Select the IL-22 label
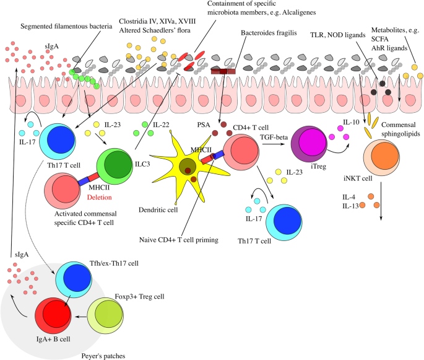[x=160, y=125]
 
